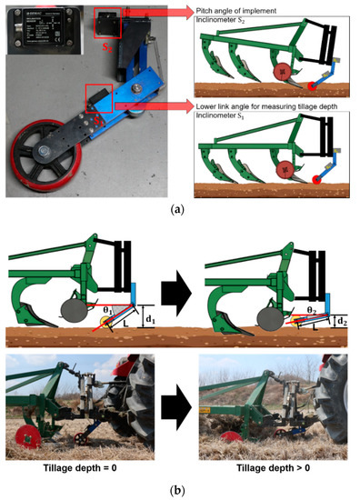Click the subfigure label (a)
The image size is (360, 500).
(181, 208)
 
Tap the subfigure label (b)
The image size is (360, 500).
(181, 491)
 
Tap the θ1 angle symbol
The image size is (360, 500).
(104, 309)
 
